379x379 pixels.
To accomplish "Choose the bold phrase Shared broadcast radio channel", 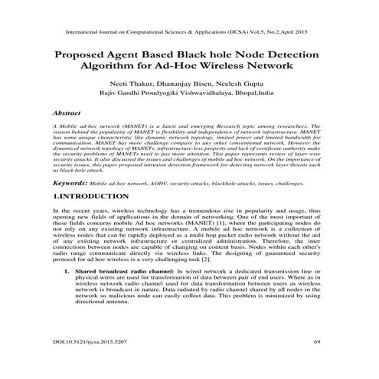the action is pyautogui.click(x=124, y=271).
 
